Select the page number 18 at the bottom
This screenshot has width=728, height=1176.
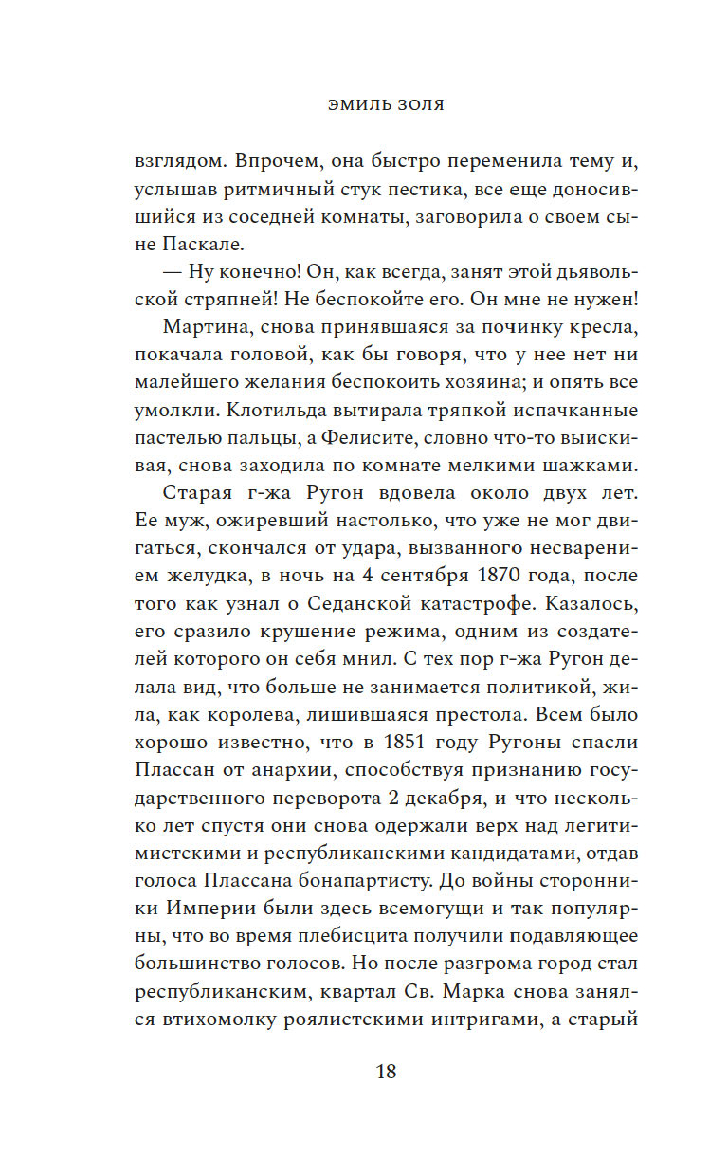click(386, 1074)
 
